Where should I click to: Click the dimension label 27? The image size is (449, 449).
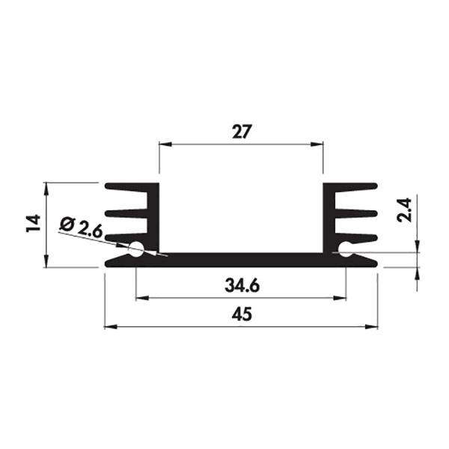tap(242, 132)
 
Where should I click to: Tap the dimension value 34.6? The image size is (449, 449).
tap(242, 286)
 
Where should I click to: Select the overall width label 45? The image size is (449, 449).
tap(242, 314)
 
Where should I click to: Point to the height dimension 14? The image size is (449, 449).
tap(33, 223)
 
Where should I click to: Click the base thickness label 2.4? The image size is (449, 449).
tap(405, 210)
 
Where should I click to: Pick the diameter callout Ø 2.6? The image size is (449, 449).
tap(81, 228)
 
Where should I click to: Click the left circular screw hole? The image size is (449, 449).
tap(135, 248)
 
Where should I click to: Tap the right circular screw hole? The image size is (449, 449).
tap(346, 248)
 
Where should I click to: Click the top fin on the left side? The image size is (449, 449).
tap(126, 187)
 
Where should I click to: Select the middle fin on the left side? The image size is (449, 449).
tap(126, 213)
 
